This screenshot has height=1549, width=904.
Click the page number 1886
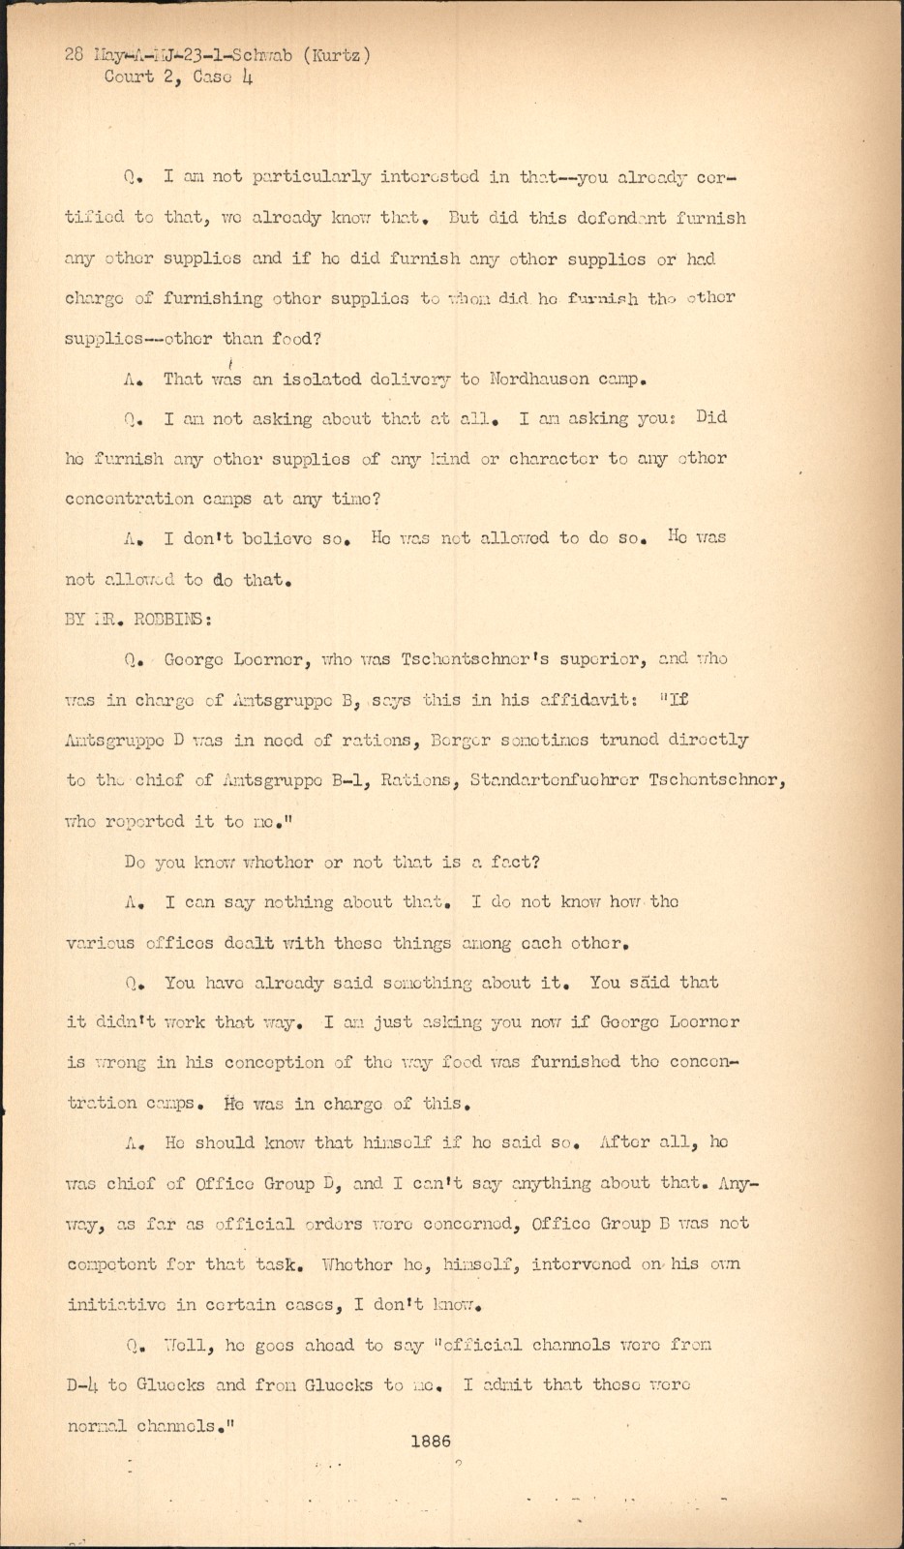[x=431, y=1442]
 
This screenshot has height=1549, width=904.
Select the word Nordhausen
[x=540, y=379]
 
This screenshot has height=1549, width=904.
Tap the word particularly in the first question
[x=311, y=177]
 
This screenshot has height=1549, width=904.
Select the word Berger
[x=468, y=740]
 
